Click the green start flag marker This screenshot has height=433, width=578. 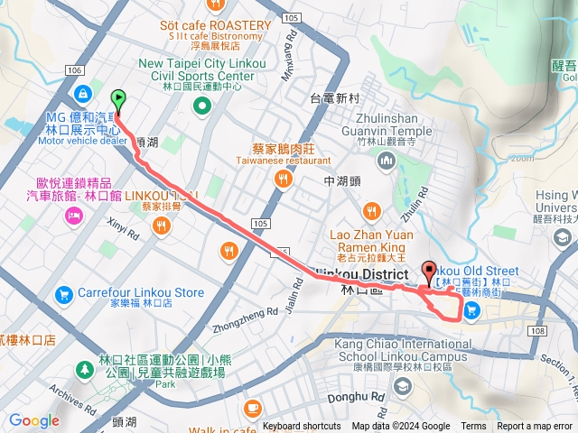click(117, 99)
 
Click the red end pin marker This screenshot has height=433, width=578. click(429, 269)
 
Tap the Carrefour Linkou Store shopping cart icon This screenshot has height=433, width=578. click(64, 293)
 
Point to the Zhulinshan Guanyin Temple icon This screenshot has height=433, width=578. click(387, 161)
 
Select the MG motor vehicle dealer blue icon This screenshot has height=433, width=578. click(82, 92)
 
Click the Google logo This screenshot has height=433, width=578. click(33, 420)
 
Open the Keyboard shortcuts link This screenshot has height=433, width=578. click(302, 427)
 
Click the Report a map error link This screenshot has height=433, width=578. click(535, 427)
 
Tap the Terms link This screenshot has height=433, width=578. click(473, 427)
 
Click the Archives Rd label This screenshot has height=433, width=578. click(66, 394)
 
